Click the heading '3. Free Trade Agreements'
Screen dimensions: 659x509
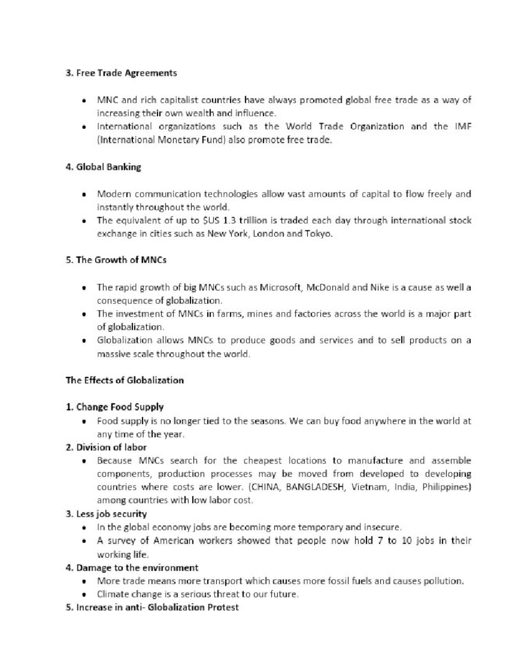[x=121, y=73]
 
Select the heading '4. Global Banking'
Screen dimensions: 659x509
[x=103, y=167]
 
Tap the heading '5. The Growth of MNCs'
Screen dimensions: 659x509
[x=116, y=260]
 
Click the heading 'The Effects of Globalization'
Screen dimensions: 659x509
[x=125, y=380]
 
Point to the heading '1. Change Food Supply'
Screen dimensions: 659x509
[x=115, y=407]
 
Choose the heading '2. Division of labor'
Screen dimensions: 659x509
[x=106, y=447]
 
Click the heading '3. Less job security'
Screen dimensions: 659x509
[x=106, y=514]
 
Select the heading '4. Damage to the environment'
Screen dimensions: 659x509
[x=132, y=568]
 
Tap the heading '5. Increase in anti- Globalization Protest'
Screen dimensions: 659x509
[x=152, y=607]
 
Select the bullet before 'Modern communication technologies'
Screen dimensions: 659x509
[x=85, y=195]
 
